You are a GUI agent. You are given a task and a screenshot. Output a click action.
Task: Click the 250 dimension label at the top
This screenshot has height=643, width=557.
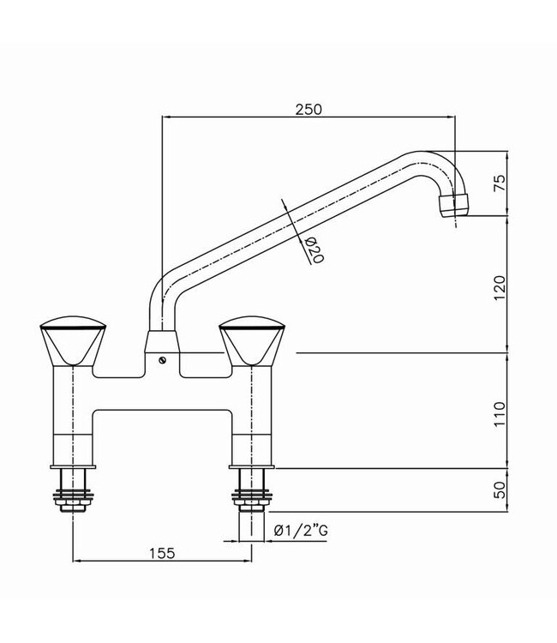coord(308,109)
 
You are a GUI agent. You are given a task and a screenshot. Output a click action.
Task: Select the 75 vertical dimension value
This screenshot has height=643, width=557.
coord(500,183)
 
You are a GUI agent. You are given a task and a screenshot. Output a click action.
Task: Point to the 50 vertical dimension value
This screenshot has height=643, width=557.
coord(500,491)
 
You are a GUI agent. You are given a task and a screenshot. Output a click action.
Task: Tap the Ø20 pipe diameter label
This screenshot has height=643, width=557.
coord(314,249)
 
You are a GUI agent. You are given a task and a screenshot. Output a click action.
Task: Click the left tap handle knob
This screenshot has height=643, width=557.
coord(75,341)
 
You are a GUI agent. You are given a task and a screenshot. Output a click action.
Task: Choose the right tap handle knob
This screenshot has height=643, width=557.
coord(253,341)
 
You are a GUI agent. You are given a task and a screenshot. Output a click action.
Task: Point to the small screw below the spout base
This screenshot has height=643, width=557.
coord(163,360)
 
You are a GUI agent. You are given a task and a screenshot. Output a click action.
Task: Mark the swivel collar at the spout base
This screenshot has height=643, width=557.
coord(161,340)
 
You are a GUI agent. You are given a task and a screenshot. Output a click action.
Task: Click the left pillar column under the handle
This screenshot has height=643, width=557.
coord(73,412)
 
